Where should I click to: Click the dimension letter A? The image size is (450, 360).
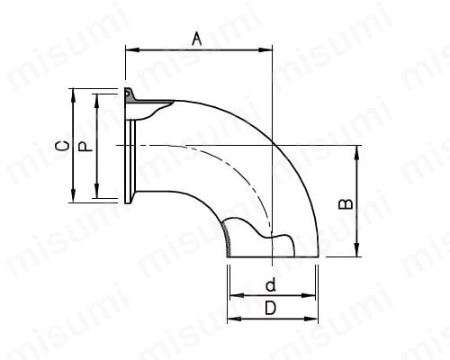197,40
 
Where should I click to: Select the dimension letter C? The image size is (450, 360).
62,146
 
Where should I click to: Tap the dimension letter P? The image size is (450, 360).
85,147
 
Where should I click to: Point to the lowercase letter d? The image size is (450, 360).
271,284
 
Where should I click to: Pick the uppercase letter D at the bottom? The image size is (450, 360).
270,308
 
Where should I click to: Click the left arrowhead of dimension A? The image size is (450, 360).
132,49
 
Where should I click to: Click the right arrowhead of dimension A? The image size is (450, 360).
265,49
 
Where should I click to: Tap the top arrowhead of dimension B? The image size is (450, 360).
356,153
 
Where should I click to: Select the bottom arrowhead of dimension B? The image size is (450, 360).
356,249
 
